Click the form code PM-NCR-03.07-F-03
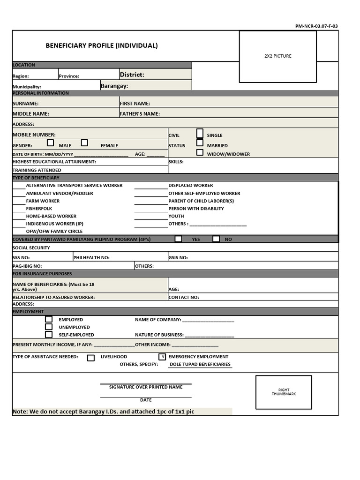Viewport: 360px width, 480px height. [x=316, y=26]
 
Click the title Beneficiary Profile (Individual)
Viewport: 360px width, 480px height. [x=101, y=45]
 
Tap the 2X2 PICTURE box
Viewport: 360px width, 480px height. [x=277, y=56]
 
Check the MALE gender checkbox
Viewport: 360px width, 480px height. [x=51, y=143]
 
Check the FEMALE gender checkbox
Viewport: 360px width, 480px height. [x=84, y=143]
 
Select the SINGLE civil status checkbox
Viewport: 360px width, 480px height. [x=200, y=133]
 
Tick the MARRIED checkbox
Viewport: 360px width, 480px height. [x=200, y=143]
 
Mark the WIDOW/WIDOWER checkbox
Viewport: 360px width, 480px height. [x=200, y=152]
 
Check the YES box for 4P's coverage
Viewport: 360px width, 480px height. [x=178, y=239]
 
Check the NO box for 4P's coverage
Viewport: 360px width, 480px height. [x=216, y=239]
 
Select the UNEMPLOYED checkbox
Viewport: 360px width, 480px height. [x=49, y=327]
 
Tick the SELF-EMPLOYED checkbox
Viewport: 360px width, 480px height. [x=49, y=335]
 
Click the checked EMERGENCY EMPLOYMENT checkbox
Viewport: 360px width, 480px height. [x=162, y=357]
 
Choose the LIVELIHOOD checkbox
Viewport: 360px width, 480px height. [x=91, y=358]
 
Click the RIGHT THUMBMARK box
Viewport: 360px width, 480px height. [x=284, y=392]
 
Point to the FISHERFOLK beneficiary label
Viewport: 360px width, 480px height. [x=39, y=209]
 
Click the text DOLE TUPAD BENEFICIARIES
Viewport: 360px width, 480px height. [x=200, y=364]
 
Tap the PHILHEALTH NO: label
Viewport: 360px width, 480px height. [x=91, y=257]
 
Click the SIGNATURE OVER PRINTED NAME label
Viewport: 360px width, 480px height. [x=146, y=387]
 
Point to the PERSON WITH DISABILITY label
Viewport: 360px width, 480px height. [x=196, y=209]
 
